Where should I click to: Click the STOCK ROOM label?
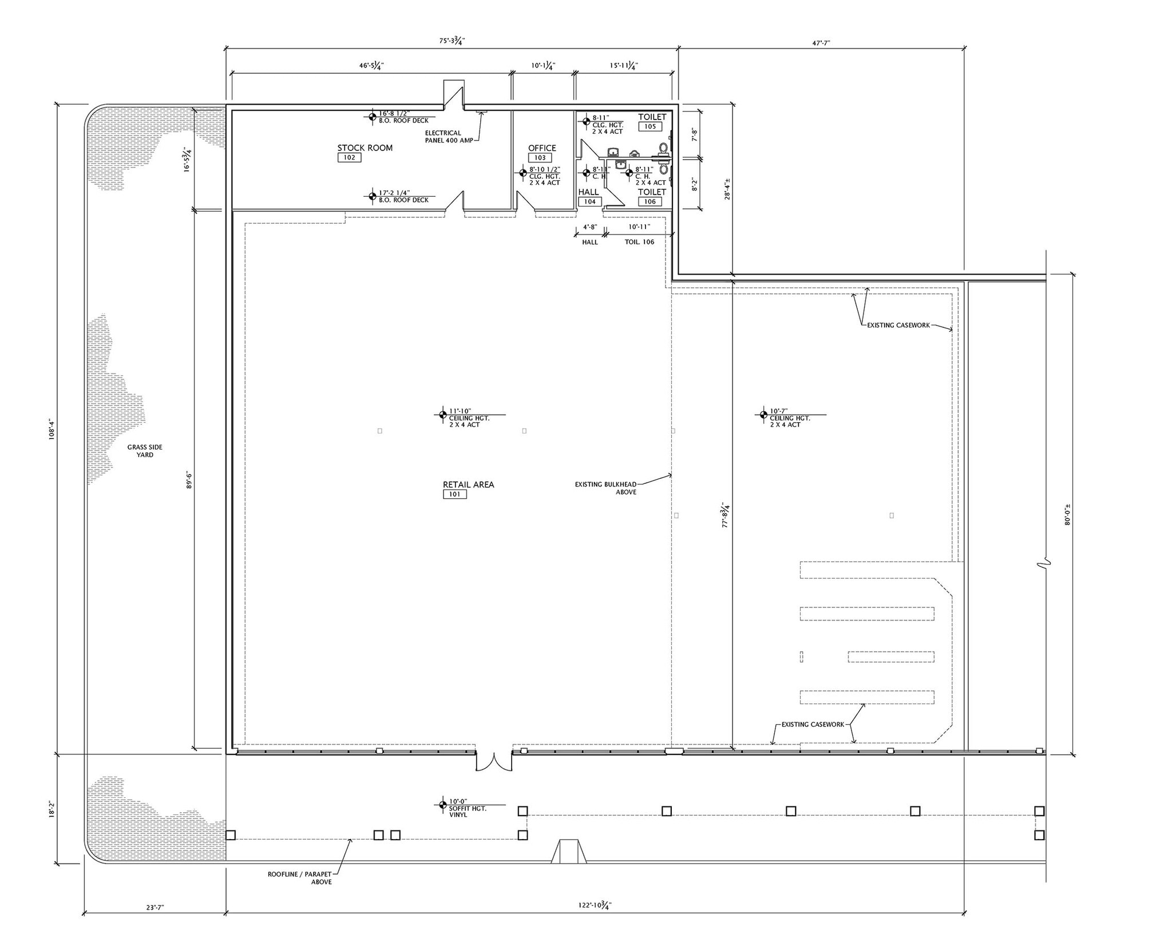click(x=365, y=148)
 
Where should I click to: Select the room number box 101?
click(x=454, y=494)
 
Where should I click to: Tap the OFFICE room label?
click(x=541, y=148)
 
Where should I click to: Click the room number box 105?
click(x=650, y=126)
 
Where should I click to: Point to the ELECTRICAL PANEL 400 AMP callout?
click(x=449, y=137)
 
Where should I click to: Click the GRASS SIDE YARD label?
click(x=145, y=451)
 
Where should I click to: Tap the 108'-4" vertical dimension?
click(x=52, y=428)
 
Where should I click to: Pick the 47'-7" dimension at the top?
click(x=821, y=42)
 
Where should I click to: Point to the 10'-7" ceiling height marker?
click(x=779, y=411)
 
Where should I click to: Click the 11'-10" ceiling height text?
click(x=460, y=411)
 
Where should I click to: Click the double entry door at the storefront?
click(x=493, y=762)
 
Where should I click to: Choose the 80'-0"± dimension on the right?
click(x=1067, y=514)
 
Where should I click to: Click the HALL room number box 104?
click(x=589, y=201)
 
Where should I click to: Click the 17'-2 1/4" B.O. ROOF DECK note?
click(x=403, y=196)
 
